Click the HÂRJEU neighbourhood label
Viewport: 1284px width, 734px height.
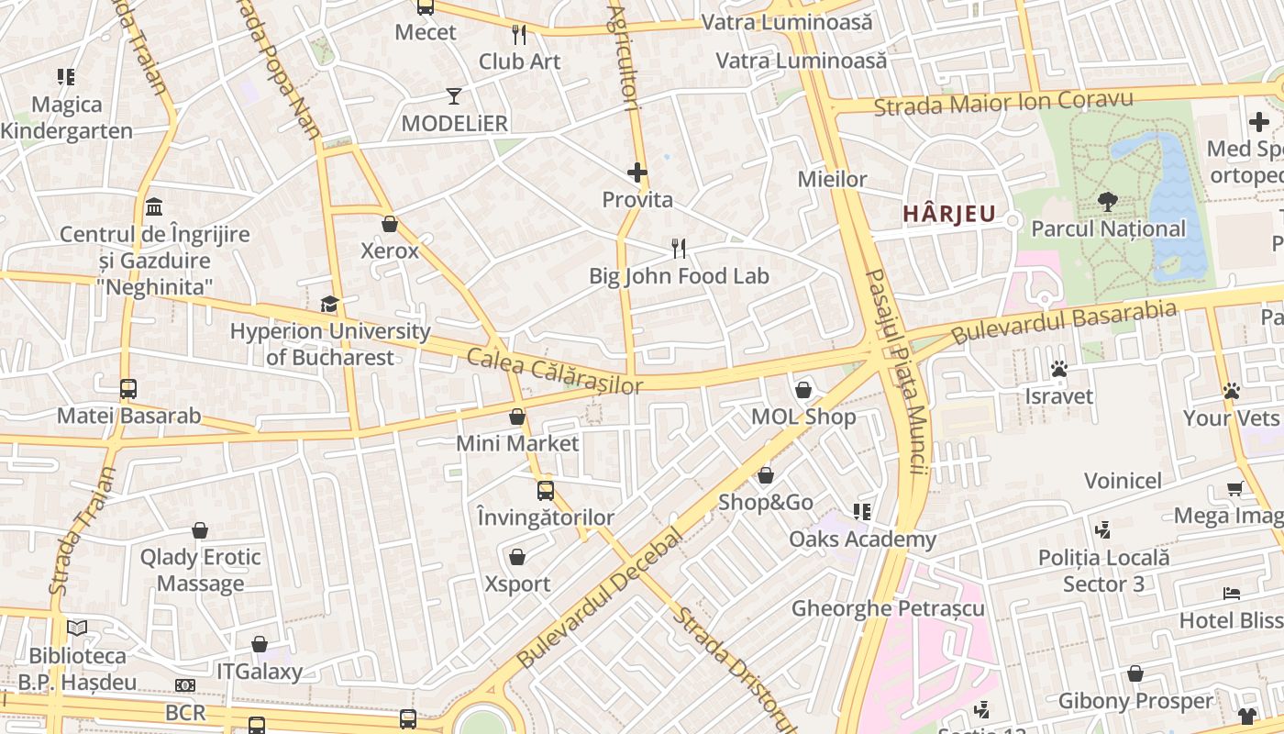pos(949,214)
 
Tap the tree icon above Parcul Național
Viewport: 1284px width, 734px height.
pos(1108,201)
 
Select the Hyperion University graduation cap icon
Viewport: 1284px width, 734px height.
pos(329,304)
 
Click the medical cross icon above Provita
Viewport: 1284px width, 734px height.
pos(637,172)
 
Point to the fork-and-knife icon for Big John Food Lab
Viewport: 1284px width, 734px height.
pos(679,248)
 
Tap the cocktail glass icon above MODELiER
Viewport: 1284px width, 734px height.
pos(454,95)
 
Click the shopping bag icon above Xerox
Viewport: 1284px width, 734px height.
pos(390,224)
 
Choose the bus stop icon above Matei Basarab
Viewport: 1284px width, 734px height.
pos(128,388)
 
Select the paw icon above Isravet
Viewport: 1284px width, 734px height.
pos(1059,369)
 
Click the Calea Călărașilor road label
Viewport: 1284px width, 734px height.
pos(554,372)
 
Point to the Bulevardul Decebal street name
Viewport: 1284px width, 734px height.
pos(601,599)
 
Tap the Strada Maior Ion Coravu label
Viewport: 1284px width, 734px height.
pos(1003,102)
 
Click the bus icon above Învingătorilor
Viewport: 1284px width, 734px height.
pos(546,490)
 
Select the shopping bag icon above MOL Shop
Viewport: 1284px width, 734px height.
pos(803,390)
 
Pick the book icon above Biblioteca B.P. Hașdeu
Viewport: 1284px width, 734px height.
pos(77,628)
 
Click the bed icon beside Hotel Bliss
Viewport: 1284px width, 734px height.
pos(1232,595)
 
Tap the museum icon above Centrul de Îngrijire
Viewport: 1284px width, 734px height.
pos(154,206)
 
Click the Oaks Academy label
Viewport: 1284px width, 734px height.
pos(862,539)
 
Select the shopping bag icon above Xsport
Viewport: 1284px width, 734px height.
pos(517,557)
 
